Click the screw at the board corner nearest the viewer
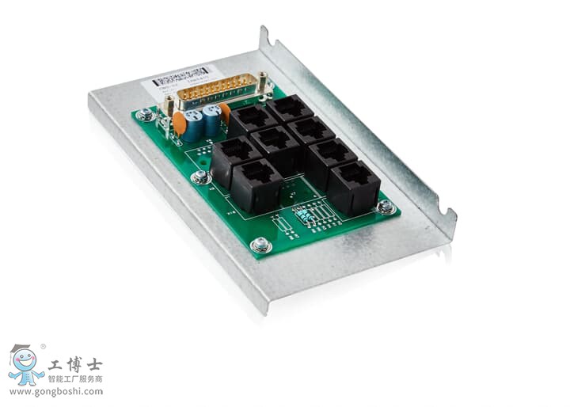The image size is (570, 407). pyautogui.click(x=260, y=245)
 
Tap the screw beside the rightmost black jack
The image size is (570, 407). pyautogui.click(x=385, y=207)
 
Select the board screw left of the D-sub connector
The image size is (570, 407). pyautogui.click(x=145, y=116)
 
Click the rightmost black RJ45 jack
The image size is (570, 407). pyautogui.click(x=354, y=187)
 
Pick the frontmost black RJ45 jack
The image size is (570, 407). pyautogui.click(x=256, y=184)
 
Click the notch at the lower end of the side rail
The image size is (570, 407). pyautogui.click(x=448, y=214)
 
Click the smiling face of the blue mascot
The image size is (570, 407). pyautogui.click(x=26, y=363)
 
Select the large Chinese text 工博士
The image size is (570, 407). pyautogui.click(x=76, y=365)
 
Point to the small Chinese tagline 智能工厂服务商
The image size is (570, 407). pyautogui.click(x=76, y=379)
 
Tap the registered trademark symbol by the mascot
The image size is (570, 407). pyautogui.click(x=43, y=346)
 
